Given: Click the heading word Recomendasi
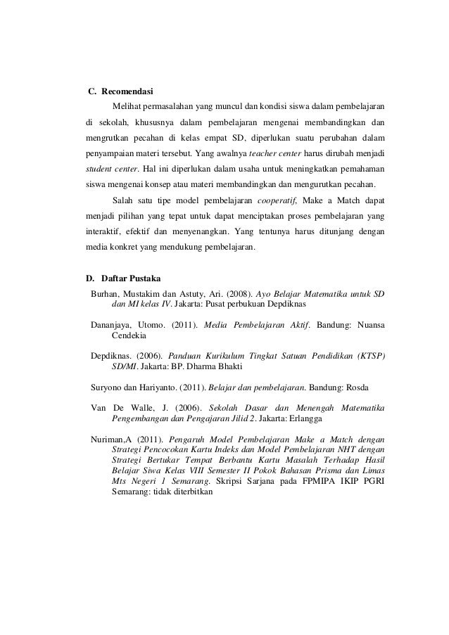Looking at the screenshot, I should pos(128,92).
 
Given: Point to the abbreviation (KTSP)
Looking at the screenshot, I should pos(367,357).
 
